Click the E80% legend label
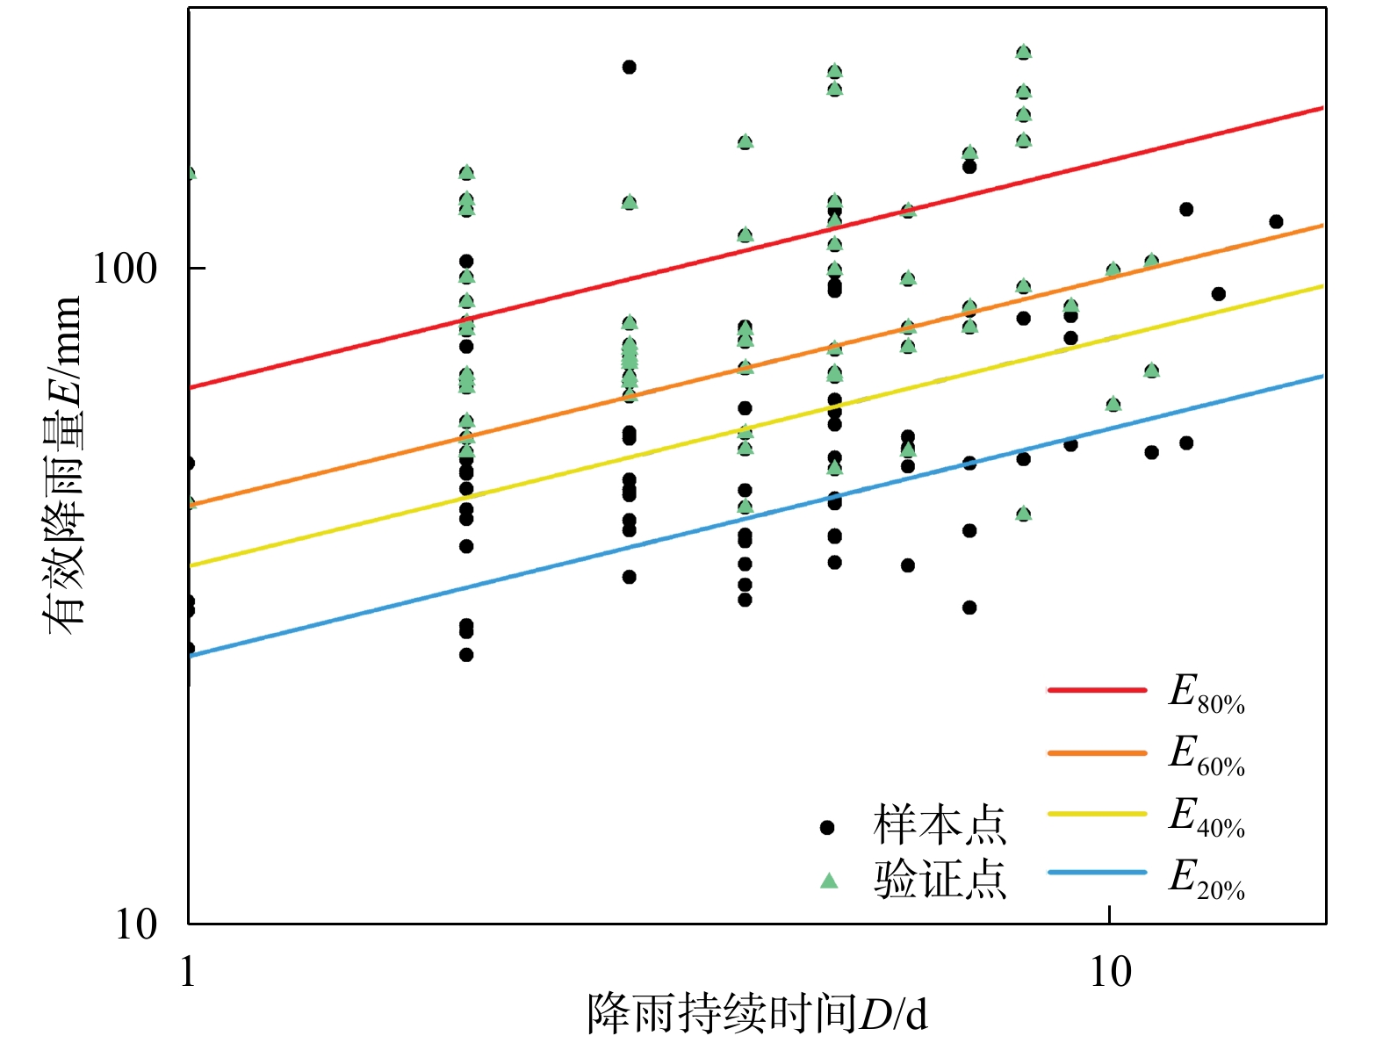pyautogui.click(x=1206, y=694)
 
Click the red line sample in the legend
pyautogui.click(x=1097, y=690)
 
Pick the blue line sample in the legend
pyautogui.click(x=1097, y=873)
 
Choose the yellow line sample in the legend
pyautogui.click(x=1097, y=814)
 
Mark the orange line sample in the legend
pyautogui.click(x=1097, y=753)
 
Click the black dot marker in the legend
pyautogui.click(x=827, y=827)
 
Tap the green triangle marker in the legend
pyautogui.click(x=828, y=880)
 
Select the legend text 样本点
pyautogui.click(x=939, y=825)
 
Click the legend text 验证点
pyautogui.click(x=939, y=880)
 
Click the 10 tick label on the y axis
pyautogui.click(x=137, y=924)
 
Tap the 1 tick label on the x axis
pyautogui.click(x=188, y=972)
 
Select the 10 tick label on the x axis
pyautogui.click(x=1110, y=972)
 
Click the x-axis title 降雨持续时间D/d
pyautogui.click(x=757, y=1015)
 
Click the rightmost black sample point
pyautogui.click(x=1276, y=222)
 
